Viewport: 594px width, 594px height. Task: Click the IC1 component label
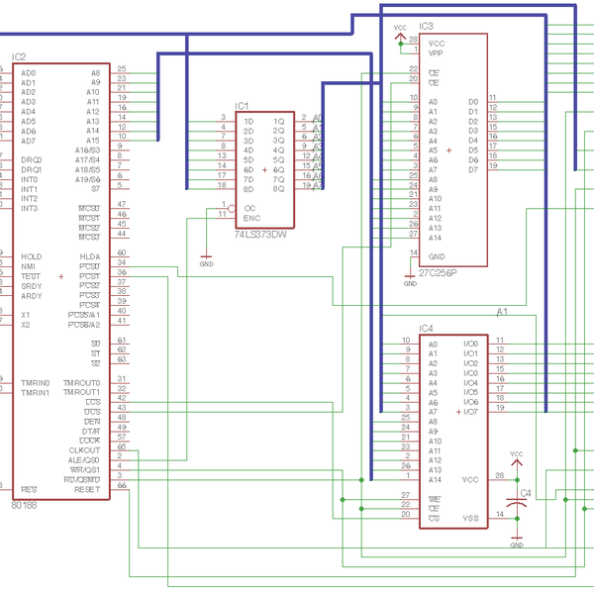243,105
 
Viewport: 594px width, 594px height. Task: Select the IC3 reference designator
427,26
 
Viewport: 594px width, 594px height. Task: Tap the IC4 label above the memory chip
427,328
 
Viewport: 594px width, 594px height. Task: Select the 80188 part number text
23,504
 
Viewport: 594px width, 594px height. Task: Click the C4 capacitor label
526,492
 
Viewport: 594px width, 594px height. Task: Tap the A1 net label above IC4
502,312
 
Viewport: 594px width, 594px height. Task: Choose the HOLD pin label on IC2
31,256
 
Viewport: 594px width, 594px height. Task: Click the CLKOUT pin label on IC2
85,450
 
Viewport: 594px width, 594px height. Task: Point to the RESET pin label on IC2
87,489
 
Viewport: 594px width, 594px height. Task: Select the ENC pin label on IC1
252,217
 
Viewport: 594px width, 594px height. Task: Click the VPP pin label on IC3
436,52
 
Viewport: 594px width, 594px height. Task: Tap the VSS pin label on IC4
471,517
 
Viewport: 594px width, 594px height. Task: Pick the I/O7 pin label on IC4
471,412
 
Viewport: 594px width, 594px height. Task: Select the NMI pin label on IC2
29,266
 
